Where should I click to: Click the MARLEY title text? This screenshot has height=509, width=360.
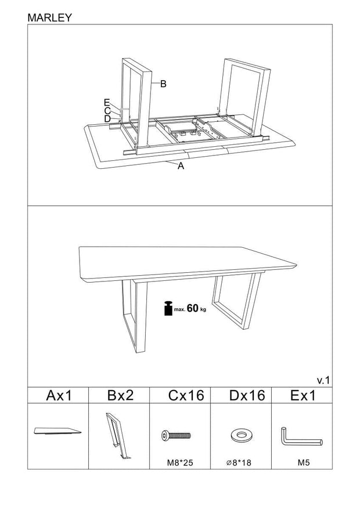[50, 17]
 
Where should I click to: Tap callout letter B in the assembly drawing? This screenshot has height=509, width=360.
[163, 84]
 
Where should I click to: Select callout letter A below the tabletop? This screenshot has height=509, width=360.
[181, 166]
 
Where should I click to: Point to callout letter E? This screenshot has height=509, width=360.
[107, 102]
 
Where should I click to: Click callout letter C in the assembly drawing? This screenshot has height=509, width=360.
[107, 110]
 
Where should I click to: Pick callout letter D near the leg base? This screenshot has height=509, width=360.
[107, 118]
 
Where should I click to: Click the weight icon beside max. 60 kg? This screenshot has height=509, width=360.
[168, 308]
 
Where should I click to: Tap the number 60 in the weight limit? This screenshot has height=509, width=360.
[193, 308]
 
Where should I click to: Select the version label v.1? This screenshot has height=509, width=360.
[323, 380]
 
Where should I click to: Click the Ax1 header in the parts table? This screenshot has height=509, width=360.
[58, 396]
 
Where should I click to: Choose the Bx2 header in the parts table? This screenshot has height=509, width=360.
[120, 396]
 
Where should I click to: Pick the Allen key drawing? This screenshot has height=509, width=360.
[301, 436]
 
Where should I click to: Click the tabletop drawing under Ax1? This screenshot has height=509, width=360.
[57, 431]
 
